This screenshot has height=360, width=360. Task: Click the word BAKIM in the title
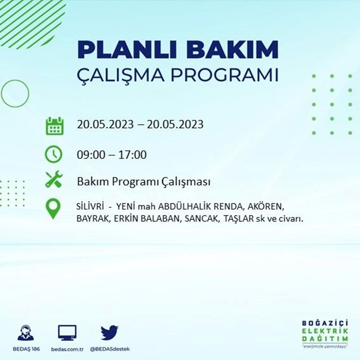232,50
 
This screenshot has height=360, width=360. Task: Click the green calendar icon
55,126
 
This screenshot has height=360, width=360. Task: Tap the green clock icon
53,154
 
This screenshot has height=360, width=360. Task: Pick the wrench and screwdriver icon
54,179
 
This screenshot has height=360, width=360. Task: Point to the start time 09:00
91,155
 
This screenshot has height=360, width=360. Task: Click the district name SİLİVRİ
90,206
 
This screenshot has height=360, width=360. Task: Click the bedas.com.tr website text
67,349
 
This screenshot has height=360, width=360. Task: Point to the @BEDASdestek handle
110,349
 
